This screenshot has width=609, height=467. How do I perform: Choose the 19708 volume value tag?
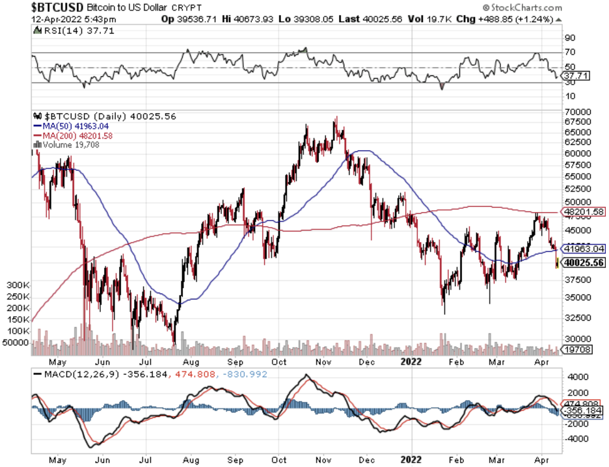576,349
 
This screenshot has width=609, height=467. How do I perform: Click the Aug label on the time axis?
191,362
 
